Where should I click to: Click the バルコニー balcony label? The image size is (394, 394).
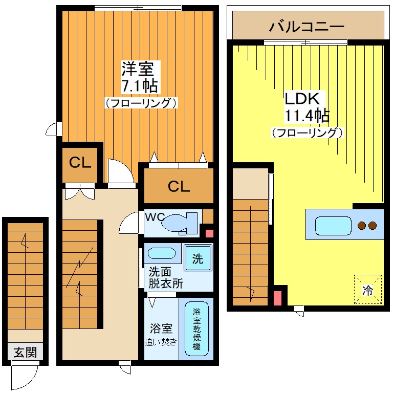(307, 26)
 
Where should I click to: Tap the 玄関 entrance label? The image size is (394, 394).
(25, 353)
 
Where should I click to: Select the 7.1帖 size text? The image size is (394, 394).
(139, 85)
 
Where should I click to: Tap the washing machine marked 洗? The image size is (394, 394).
(198, 259)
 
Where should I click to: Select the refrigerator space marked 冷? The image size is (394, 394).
(368, 290)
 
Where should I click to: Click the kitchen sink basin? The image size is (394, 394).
(333, 225)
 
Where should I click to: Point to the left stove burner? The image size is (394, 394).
(362, 225)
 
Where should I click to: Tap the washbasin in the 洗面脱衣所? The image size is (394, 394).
(162, 253)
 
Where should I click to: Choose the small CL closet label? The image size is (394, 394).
(80, 163)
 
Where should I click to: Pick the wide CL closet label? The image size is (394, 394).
(179, 187)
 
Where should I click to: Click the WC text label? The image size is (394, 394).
(154, 217)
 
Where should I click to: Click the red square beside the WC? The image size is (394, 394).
(209, 233)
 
